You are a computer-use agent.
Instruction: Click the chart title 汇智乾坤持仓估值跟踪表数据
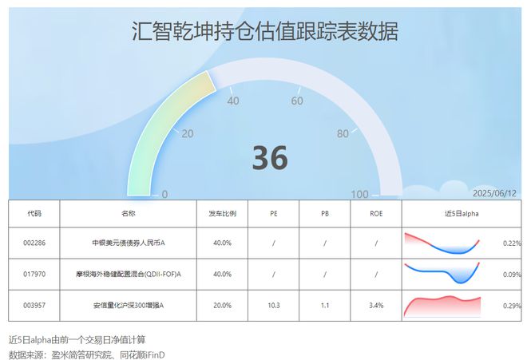coord(265,31)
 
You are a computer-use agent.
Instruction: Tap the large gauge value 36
coord(270,157)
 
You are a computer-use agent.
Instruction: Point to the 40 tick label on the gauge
coord(233,101)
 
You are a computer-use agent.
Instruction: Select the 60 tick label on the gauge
coord(297,101)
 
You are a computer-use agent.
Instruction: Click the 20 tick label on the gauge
coord(187,134)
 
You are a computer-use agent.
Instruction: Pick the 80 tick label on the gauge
coord(343,134)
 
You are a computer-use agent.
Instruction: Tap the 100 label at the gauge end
coord(359,194)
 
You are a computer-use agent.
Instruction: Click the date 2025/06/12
coord(494,193)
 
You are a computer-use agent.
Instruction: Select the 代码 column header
coord(34,213)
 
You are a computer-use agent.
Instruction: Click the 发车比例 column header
coord(222,213)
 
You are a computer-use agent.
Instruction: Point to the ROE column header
coord(376,213)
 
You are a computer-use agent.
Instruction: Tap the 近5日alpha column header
coord(462,213)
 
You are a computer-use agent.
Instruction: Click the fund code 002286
coord(34,243)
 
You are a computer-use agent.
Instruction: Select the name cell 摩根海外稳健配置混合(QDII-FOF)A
coord(128,275)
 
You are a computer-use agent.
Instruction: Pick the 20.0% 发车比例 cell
coord(222,306)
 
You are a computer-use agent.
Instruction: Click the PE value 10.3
coord(274,306)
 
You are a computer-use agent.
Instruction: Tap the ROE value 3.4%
coord(376,306)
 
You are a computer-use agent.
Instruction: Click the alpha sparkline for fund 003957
coord(442,307)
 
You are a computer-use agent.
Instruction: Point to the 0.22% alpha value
coord(512,243)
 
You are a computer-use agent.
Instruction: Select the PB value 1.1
coord(325,306)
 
